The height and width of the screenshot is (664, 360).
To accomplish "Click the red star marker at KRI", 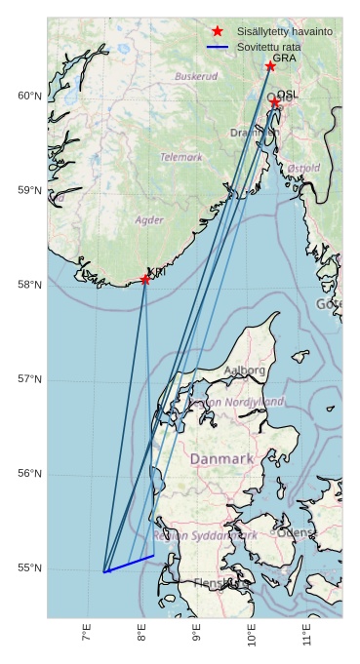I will click(x=145, y=280).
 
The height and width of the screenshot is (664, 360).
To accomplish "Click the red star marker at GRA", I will click(x=270, y=66).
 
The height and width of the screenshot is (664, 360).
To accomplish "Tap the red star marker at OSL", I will click(x=275, y=101).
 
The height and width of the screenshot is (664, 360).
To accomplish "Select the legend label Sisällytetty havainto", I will click(x=284, y=31).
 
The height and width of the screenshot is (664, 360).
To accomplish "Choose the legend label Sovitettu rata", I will click(x=271, y=46).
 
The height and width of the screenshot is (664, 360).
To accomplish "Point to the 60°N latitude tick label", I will click(x=29, y=96).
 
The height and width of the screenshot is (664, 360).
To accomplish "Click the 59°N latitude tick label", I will click(x=29, y=190).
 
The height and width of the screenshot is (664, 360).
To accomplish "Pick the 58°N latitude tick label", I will click(x=29, y=285).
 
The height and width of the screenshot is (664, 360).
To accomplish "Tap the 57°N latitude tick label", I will click(x=29, y=379).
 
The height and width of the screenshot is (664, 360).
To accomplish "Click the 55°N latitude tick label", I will click(x=29, y=568).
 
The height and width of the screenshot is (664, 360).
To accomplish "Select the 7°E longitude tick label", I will click(x=87, y=635).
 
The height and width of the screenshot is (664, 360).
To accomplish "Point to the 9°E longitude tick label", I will click(x=197, y=635).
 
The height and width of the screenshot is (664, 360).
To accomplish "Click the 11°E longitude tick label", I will click(x=307, y=635).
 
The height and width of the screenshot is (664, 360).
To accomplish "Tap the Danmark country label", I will click(x=221, y=458).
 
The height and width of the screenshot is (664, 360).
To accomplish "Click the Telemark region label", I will click(x=181, y=157).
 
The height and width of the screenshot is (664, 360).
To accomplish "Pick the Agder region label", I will click(x=149, y=220).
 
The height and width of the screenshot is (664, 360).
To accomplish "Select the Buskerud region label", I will click(x=196, y=76).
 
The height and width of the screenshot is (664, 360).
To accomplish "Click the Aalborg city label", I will click(x=244, y=371).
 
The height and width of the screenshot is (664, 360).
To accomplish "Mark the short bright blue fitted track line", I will click(x=129, y=564).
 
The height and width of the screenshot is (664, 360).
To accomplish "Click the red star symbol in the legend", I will click(x=218, y=31).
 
